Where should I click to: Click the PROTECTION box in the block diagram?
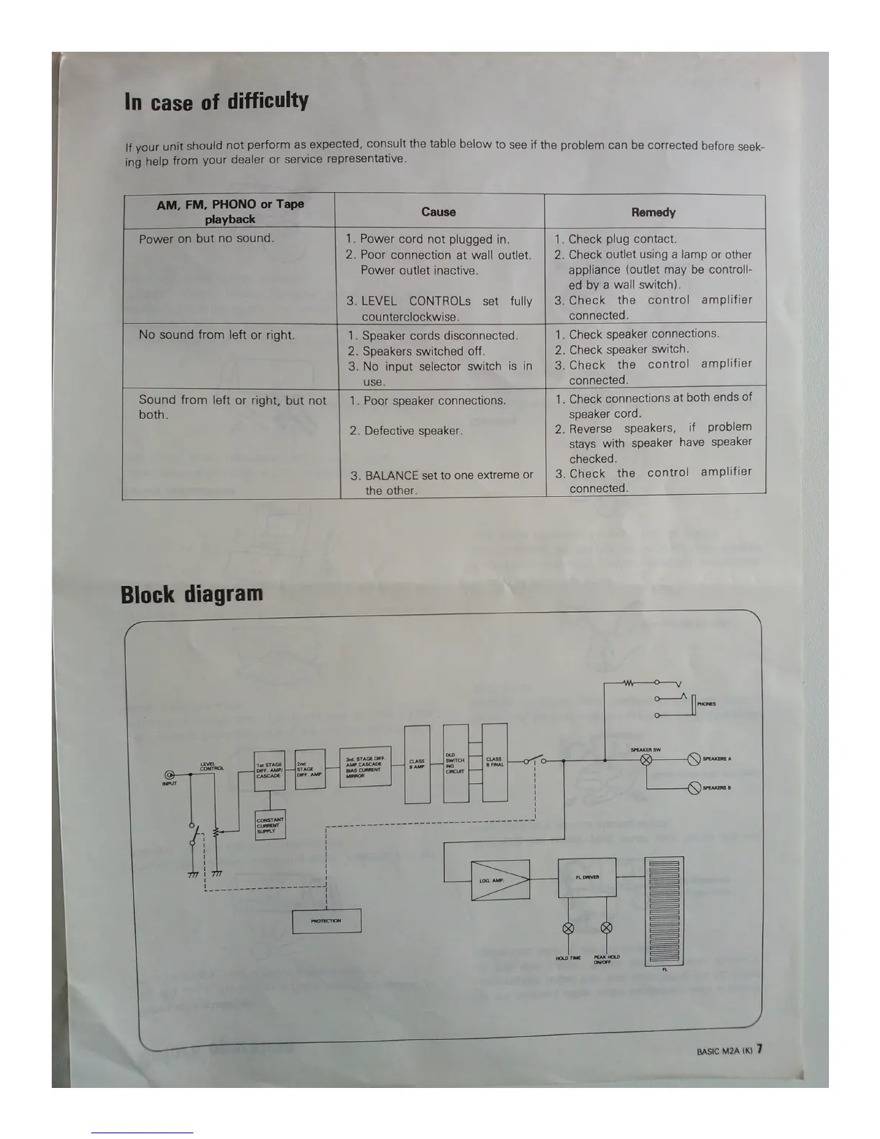(326, 920)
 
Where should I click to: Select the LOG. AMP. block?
(500, 880)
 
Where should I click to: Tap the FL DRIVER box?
(587, 877)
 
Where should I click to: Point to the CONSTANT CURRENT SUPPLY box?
(270, 823)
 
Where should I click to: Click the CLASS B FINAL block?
(495, 763)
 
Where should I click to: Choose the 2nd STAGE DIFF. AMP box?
(310, 769)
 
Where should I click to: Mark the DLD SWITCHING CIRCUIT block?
(456, 764)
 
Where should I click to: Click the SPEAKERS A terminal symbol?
(694, 759)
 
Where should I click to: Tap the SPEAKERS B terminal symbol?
(694, 788)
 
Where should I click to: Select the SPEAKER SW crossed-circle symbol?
(646, 760)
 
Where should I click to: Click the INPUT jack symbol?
(170, 774)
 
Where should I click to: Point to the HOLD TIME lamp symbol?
(568, 928)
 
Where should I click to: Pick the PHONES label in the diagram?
(706, 704)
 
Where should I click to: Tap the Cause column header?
(439, 212)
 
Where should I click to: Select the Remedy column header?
(654, 213)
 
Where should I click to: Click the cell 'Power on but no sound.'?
(207, 239)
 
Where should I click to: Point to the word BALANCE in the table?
(391, 475)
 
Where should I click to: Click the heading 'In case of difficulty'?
(216, 101)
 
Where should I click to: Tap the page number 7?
(759, 1048)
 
